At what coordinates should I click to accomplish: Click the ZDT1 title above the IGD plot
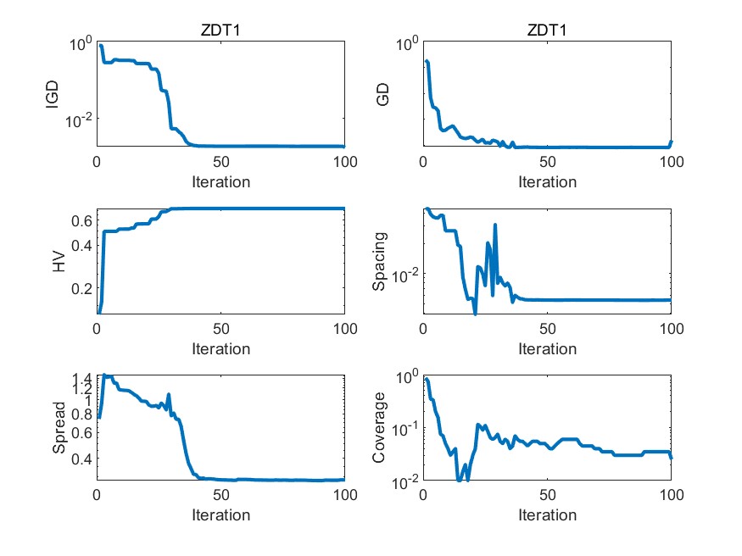(220, 31)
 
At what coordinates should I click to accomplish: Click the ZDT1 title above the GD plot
(547, 31)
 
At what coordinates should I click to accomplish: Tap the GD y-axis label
(382, 94)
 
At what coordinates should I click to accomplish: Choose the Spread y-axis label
(59, 428)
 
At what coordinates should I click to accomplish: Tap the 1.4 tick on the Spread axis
(81, 378)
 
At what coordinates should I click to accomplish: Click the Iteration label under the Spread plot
(220, 514)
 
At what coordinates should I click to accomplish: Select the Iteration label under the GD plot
(547, 181)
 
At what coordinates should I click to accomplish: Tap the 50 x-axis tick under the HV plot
(220, 329)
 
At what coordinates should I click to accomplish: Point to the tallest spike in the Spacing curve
(495, 225)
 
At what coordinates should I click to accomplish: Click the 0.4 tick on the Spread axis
(81, 459)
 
